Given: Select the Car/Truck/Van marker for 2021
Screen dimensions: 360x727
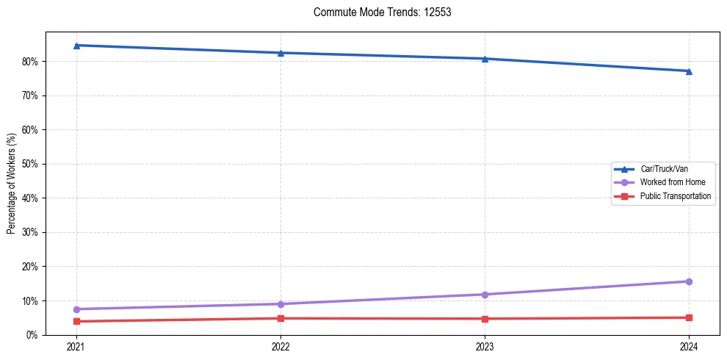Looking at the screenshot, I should click(x=76, y=46).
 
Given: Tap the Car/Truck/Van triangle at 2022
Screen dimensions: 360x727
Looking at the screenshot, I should click(x=281, y=53).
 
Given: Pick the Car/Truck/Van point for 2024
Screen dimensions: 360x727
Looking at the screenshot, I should click(x=689, y=71).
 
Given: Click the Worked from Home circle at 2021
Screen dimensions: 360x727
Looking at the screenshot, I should click(x=76, y=309).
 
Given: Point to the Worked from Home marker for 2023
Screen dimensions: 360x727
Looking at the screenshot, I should click(x=485, y=295).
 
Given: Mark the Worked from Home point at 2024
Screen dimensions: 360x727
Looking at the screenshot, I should click(x=689, y=281).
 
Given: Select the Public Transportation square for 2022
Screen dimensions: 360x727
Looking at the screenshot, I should click(x=281, y=318).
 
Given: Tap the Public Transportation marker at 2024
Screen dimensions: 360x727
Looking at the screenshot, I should click(x=689, y=317).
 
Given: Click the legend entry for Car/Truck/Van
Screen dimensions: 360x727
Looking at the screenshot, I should click(x=664, y=169).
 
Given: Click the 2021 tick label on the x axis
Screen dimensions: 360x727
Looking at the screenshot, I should click(x=76, y=346).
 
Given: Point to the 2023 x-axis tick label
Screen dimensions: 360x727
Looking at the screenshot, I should click(x=485, y=346).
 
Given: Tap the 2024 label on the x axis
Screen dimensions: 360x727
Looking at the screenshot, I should click(x=689, y=346).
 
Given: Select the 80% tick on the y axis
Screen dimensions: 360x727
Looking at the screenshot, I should click(x=32, y=62).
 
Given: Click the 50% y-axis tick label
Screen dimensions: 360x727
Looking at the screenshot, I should click(x=32, y=164).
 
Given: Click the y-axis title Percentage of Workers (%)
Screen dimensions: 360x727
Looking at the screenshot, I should click(x=11, y=183).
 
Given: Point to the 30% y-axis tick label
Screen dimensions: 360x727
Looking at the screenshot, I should click(x=32, y=232).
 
